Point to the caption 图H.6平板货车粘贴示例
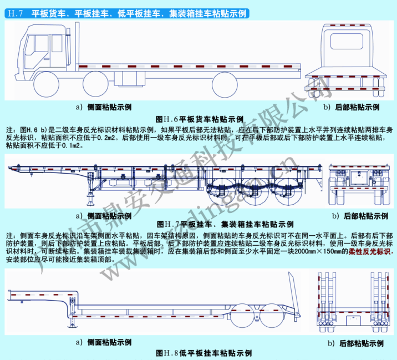200,119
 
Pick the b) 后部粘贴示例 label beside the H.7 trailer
361,215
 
